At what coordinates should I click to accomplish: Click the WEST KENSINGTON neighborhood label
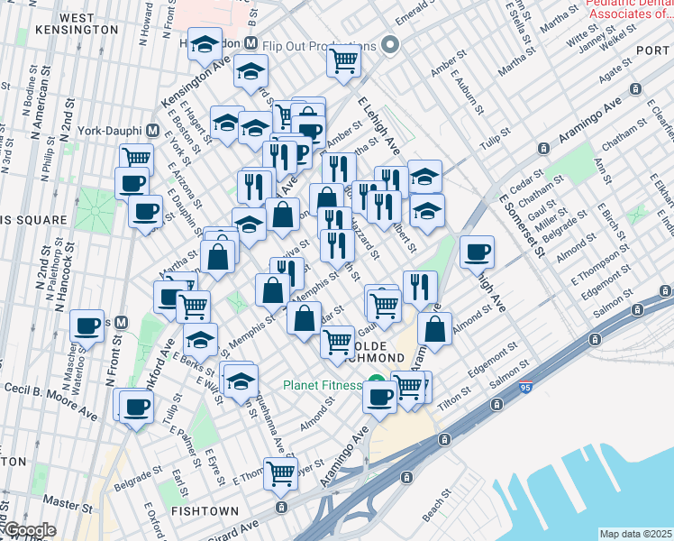77,23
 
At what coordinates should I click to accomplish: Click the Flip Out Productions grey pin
390,45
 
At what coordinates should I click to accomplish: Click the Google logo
29,530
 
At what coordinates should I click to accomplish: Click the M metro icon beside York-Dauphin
154,129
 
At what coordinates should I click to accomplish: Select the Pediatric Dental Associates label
629,9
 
